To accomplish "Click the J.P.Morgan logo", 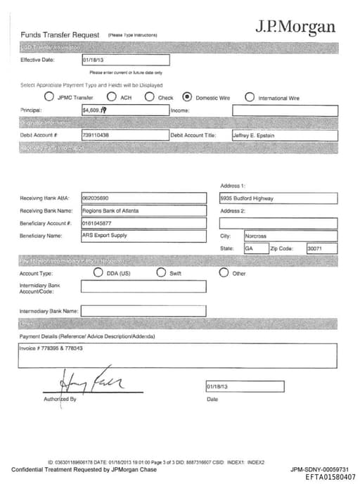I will click(295, 27).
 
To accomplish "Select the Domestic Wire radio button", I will click(187, 97).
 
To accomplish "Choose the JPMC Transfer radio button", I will click(49, 97).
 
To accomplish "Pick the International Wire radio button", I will click(250, 97).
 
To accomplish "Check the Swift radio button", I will click(161, 272).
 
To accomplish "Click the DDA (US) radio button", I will click(98, 272).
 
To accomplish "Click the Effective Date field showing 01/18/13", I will click(125, 60).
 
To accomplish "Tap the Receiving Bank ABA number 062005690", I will click(96, 198).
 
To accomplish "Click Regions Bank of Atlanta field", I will click(110, 210).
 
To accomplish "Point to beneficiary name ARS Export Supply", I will click(105, 236).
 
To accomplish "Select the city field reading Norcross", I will click(255, 236).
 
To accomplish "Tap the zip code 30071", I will click(314, 248).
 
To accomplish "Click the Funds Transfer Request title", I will click(60, 34).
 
